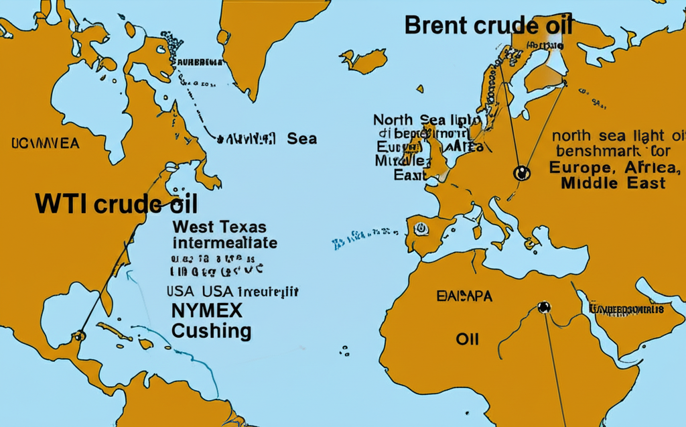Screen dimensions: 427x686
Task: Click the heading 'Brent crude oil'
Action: (x=489, y=25)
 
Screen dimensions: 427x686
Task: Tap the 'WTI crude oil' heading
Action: (x=117, y=204)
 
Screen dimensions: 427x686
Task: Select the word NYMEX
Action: (x=207, y=310)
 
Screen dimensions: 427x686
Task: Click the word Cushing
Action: (x=212, y=330)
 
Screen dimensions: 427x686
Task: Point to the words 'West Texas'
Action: (x=218, y=227)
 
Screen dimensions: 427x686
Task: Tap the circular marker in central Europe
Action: (x=521, y=173)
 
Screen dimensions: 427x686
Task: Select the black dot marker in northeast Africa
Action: (x=543, y=308)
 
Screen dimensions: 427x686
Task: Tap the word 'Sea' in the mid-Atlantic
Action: (x=301, y=139)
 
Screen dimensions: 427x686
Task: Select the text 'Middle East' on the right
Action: (x=614, y=183)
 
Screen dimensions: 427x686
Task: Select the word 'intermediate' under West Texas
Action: (x=224, y=242)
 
